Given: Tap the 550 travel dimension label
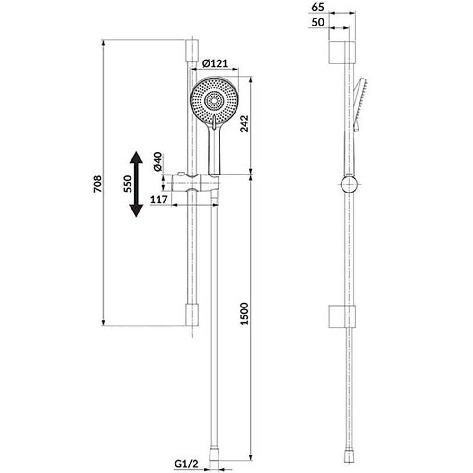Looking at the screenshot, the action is [128, 184].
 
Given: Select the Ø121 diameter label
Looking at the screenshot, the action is [215, 63].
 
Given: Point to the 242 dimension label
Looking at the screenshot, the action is [244, 123].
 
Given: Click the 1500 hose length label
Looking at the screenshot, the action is [244, 314].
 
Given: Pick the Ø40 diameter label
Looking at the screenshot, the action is [158, 162].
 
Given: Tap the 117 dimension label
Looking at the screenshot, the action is [159, 200].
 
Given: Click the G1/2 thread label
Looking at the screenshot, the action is [186, 464].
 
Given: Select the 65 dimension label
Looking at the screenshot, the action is [318, 7].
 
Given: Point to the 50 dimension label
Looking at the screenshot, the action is [318, 22].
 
